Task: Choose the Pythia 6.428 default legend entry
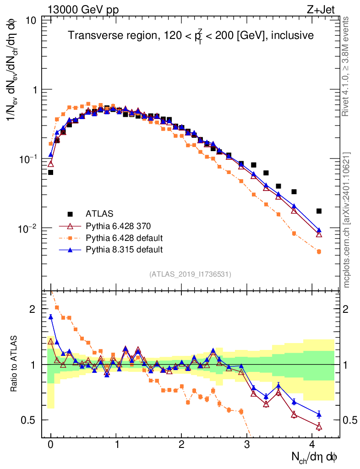tap(124, 238)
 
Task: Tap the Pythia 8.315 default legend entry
tap(124, 250)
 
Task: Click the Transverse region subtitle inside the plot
tap(191, 36)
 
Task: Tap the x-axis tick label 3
tap(247, 445)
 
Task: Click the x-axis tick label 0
tap(50, 445)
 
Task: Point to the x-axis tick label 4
tap(313, 445)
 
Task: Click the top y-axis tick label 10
tap(32, 21)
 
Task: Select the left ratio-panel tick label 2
tap(32, 309)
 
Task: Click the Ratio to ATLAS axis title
tap(14, 365)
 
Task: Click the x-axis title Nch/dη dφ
tap(315, 457)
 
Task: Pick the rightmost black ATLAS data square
tap(319, 211)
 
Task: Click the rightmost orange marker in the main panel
tap(319, 251)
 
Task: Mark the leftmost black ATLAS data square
tap(50, 172)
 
